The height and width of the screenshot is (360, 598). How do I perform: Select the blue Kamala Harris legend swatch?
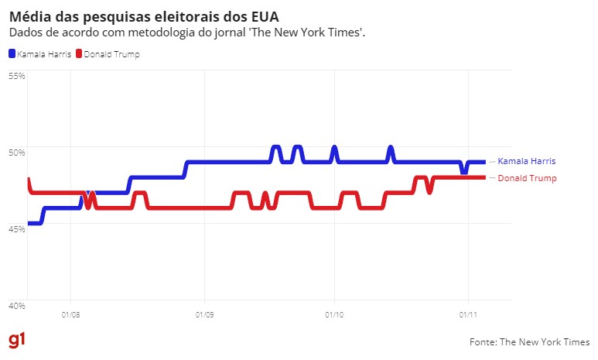[12, 54]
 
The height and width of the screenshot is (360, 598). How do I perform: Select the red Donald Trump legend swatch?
[78, 54]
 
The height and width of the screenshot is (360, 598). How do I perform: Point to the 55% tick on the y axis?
[17, 76]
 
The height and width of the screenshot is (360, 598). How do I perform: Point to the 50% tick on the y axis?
[17, 152]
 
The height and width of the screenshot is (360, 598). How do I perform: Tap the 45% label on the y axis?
[17, 228]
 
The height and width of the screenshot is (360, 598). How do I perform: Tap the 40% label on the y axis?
[17, 305]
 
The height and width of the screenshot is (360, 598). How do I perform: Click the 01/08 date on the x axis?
[70, 314]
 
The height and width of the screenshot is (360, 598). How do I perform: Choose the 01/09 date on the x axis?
[204, 314]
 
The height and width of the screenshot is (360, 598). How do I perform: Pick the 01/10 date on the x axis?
[334, 314]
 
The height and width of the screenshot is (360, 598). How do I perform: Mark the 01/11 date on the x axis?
[468, 314]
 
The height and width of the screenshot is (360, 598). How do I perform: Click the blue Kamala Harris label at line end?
[526, 161]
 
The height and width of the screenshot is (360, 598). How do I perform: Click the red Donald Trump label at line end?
[526, 178]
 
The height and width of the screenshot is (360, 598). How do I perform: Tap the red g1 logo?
[16, 341]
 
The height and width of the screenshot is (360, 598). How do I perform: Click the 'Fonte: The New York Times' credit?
[529, 341]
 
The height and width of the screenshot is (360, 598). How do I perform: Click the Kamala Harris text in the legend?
[44, 54]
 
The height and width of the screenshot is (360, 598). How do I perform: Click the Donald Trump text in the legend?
[111, 54]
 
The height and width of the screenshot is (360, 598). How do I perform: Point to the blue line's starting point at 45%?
[29, 223]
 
